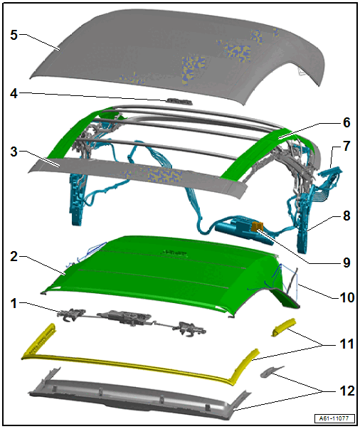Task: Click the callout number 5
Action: click(14, 35)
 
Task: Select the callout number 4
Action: click(14, 94)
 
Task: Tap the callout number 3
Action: click(14, 152)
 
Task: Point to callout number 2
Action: click(14, 257)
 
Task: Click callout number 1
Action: click(14, 303)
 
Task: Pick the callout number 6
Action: click(346, 122)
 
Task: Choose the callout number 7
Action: click(346, 147)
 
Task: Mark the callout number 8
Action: click(346, 216)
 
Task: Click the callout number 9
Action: click(346, 263)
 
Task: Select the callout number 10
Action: click(347, 297)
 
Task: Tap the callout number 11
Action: click(346, 344)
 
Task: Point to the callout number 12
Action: click(347, 391)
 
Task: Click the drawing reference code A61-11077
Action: click(335, 418)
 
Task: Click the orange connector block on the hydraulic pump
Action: click(257, 226)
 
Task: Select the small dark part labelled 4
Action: click(179, 101)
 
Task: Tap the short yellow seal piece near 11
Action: click(283, 327)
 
